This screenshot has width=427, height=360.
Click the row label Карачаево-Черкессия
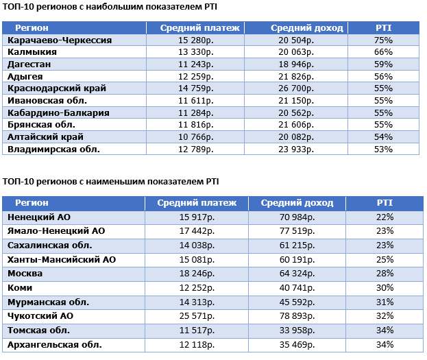point(60,40)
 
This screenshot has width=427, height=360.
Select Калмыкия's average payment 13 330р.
point(196,52)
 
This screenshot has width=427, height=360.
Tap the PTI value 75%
point(383,40)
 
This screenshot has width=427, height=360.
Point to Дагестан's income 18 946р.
point(296,64)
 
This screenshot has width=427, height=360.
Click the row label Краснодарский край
point(57,88)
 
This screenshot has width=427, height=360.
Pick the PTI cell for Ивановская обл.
point(383,101)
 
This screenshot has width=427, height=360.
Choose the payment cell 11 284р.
point(196,113)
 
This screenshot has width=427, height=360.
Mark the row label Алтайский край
point(45,137)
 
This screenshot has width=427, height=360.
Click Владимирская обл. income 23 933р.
point(296,149)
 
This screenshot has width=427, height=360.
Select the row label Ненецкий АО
point(39,217)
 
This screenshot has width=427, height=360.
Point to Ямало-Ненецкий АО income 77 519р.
point(297,231)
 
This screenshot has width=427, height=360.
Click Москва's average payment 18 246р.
point(197,274)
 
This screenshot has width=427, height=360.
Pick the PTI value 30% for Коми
point(385,287)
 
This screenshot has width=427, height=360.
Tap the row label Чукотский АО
point(40,316)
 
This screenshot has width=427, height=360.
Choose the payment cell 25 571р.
point(197,316)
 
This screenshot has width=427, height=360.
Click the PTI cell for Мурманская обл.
point(385,302)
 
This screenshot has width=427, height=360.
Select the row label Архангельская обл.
point(54,345)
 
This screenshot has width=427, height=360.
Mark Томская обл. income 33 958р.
point(297,331)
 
